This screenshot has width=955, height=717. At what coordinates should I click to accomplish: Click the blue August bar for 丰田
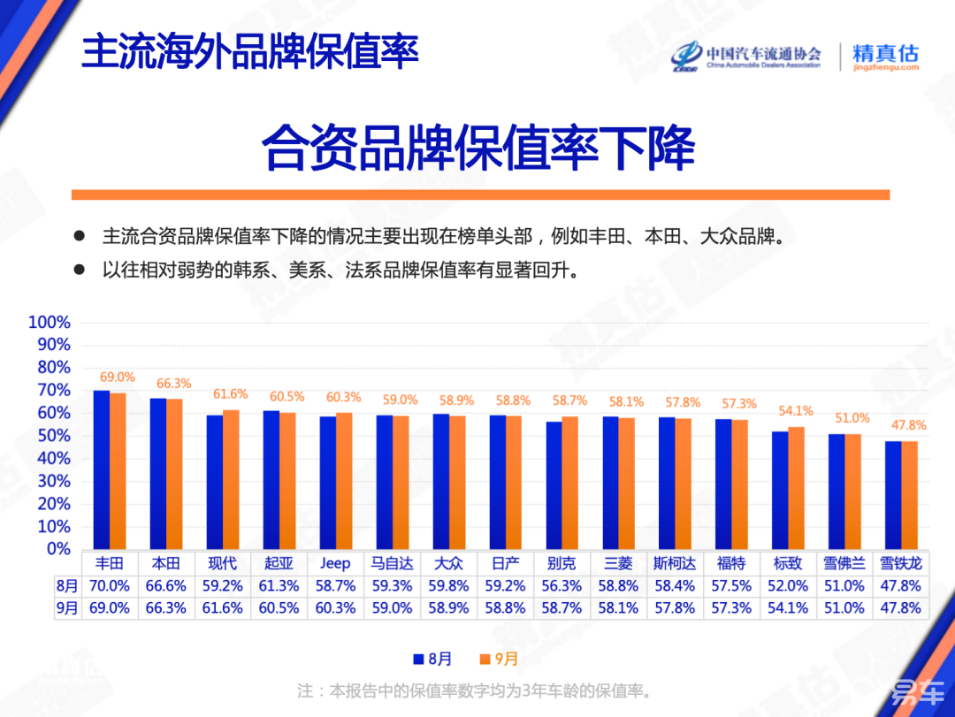pos(102,469)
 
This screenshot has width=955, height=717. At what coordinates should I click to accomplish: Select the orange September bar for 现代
pos(230,479)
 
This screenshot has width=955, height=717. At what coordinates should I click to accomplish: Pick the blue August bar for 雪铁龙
pos(893,494)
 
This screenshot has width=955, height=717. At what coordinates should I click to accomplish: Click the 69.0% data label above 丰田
pos(118,377)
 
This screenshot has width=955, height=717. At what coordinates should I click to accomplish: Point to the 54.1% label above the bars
pos(796,410)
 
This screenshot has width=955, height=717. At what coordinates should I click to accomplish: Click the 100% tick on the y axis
pos(50,322)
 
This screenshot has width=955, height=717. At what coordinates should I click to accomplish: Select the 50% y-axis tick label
pos(53,435)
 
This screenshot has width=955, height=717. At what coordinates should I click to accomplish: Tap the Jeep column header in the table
pos(335,563)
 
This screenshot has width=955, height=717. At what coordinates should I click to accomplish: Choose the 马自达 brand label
pos(392,563)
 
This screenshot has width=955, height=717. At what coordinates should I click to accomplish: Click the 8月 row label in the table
pos(65,585)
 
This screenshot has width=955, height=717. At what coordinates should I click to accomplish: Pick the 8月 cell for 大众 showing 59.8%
pos(448,585)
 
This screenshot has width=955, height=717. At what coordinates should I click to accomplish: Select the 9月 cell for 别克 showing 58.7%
pos(562,608)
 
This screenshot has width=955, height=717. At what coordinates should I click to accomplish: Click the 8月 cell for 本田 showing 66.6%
pos(165,585)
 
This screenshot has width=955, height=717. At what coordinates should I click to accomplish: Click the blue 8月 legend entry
pos(432,659)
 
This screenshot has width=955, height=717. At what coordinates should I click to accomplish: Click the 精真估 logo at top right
pos(885,57)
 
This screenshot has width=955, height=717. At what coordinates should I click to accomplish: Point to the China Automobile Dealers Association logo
pos(747,57)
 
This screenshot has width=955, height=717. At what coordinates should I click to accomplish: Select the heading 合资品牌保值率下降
pos(478,148)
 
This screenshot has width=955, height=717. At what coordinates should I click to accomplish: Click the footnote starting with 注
pos(474,690)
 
